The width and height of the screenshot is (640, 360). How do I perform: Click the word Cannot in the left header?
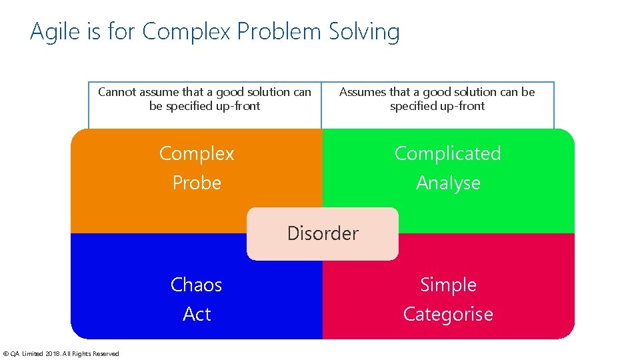(117, 92)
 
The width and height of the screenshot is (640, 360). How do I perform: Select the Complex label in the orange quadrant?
(197, 154)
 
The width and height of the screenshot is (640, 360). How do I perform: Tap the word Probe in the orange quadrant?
(197, 183)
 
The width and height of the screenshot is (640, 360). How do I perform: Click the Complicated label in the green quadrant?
(447, 153)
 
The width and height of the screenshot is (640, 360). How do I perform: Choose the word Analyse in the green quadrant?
(448, 183)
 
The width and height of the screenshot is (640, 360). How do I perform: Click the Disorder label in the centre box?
(323, 233)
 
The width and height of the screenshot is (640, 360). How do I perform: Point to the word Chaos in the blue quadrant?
(197, 285)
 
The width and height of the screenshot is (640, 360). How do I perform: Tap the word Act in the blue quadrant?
(197, 314)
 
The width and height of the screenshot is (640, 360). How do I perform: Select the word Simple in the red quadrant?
(448, 285)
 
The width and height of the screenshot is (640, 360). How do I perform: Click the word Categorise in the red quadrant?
(448, 314)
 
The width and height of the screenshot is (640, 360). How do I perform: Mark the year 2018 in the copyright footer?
(51, 354)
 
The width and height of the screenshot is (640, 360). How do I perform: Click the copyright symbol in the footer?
(6, 354)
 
